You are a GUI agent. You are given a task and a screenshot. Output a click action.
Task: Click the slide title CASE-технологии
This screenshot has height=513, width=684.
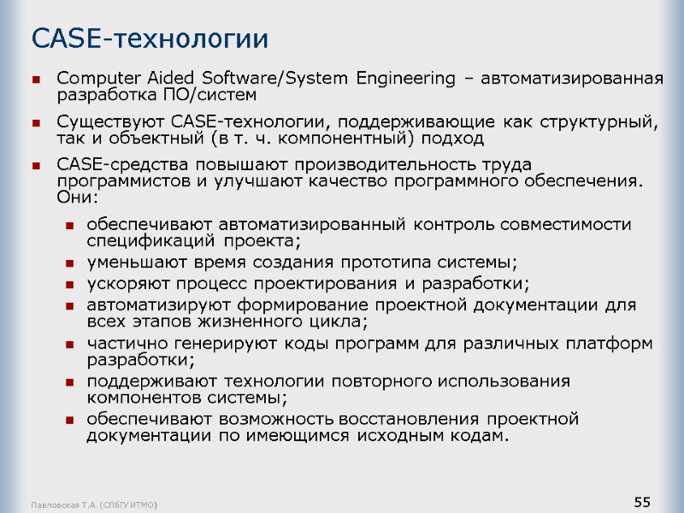tap(150, 38)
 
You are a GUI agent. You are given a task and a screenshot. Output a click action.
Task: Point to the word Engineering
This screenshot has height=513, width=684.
tap(407, 79)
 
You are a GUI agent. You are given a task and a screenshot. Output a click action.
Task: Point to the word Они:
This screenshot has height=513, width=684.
tap(74, 197)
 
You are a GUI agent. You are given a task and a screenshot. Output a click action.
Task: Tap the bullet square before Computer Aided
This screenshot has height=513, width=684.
tap(37, 80)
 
